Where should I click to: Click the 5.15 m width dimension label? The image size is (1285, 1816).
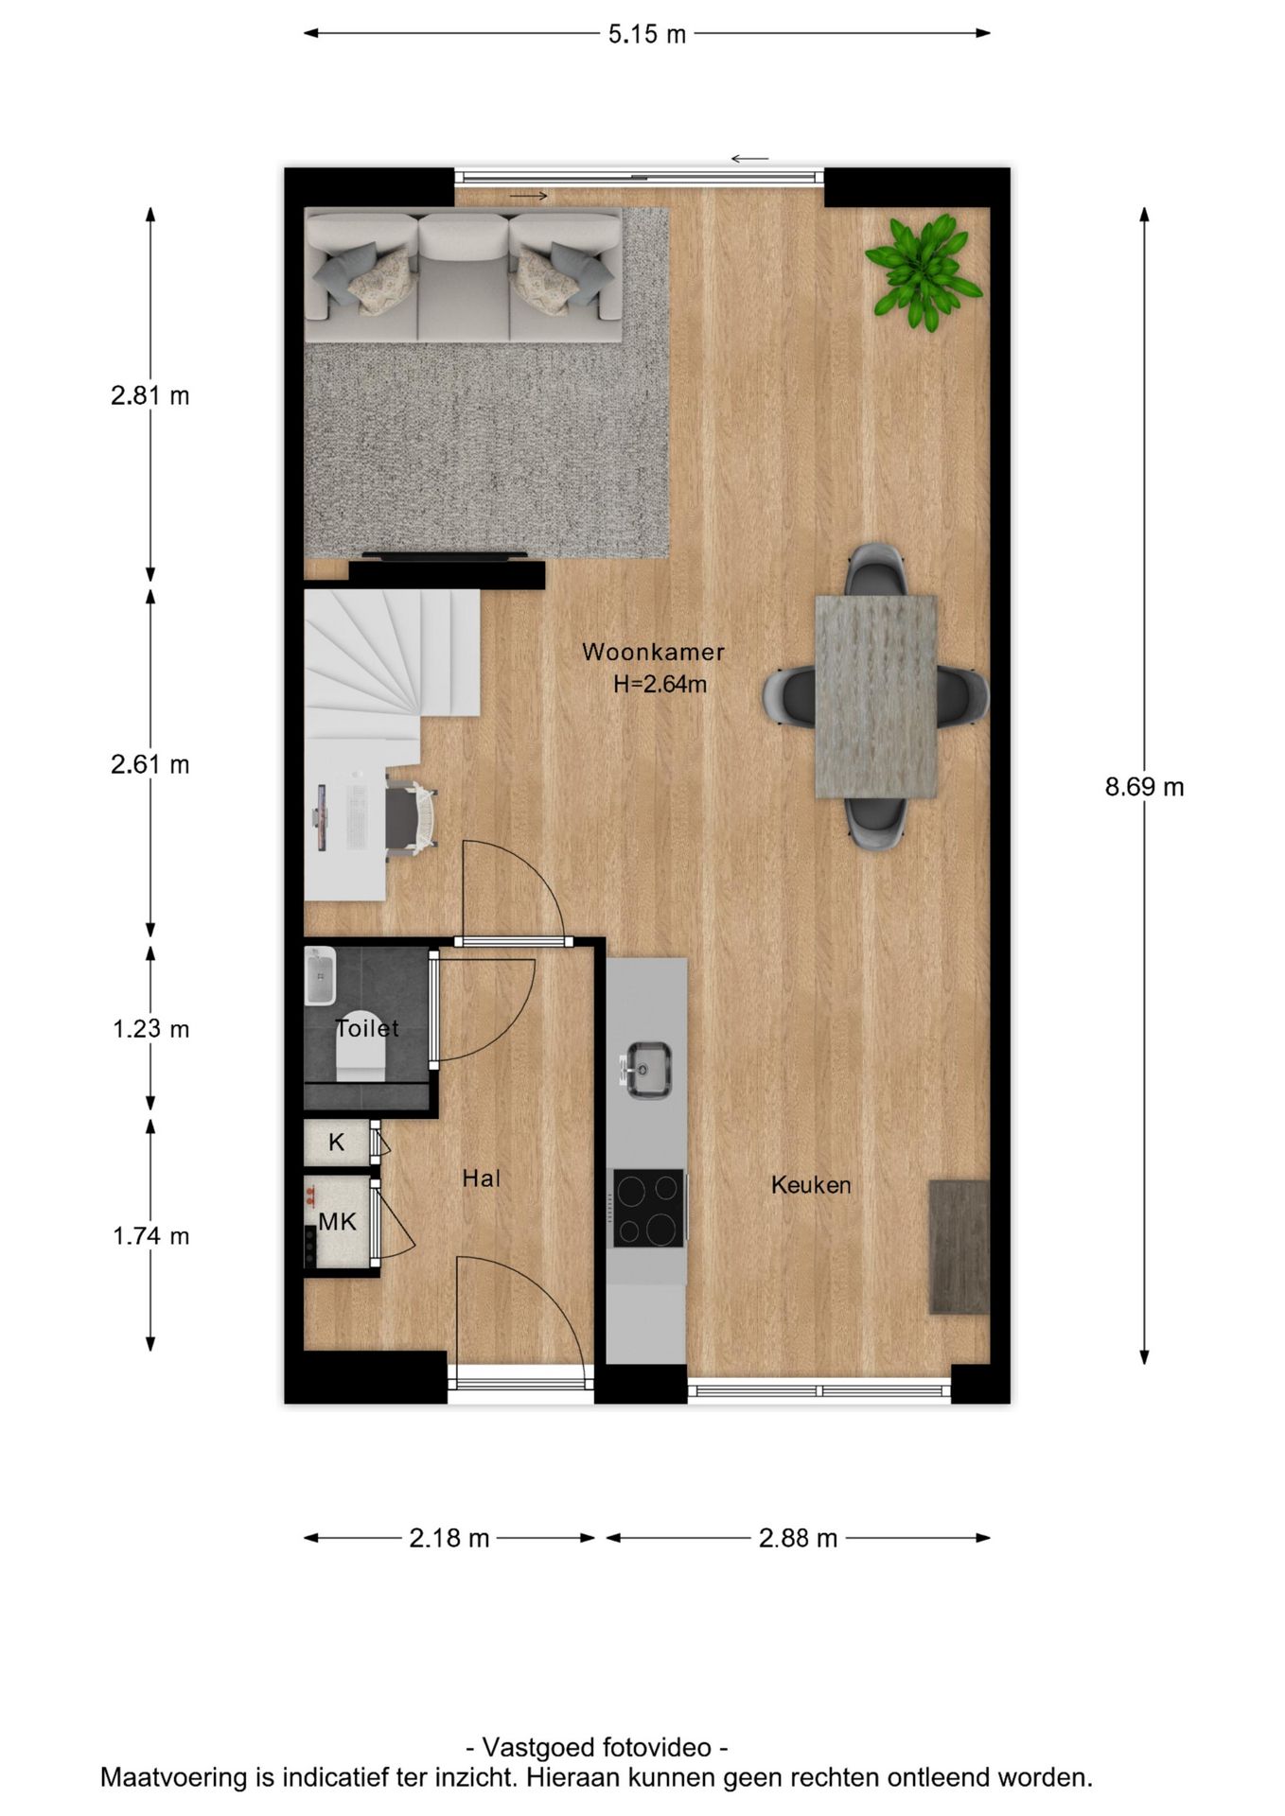[646, 35]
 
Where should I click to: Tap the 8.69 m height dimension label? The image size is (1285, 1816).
[1143, 787]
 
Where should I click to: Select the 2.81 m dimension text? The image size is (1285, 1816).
[150, 395]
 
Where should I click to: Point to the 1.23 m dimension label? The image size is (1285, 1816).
[150, 1028]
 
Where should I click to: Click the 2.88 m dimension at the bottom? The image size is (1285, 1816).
[797, 1539]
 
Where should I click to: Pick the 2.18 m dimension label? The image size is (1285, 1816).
[449, 1539]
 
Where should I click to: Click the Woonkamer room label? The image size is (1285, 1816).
[653, 652]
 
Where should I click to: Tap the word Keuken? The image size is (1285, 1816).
[810, 1185]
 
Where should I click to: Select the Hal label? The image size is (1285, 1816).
[481, 1179]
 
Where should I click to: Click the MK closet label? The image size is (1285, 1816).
[337, 1222]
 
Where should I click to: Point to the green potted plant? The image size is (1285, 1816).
[923, 270]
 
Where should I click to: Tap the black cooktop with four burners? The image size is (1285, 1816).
[648, 1208]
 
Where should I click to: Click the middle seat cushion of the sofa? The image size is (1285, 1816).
[464, 274]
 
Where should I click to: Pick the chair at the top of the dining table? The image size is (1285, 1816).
[875, 569]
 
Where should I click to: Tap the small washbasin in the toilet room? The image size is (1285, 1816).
[320, 977]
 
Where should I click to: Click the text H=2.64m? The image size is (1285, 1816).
[660, 684]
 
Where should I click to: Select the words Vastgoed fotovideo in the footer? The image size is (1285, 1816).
[597, 1747]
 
